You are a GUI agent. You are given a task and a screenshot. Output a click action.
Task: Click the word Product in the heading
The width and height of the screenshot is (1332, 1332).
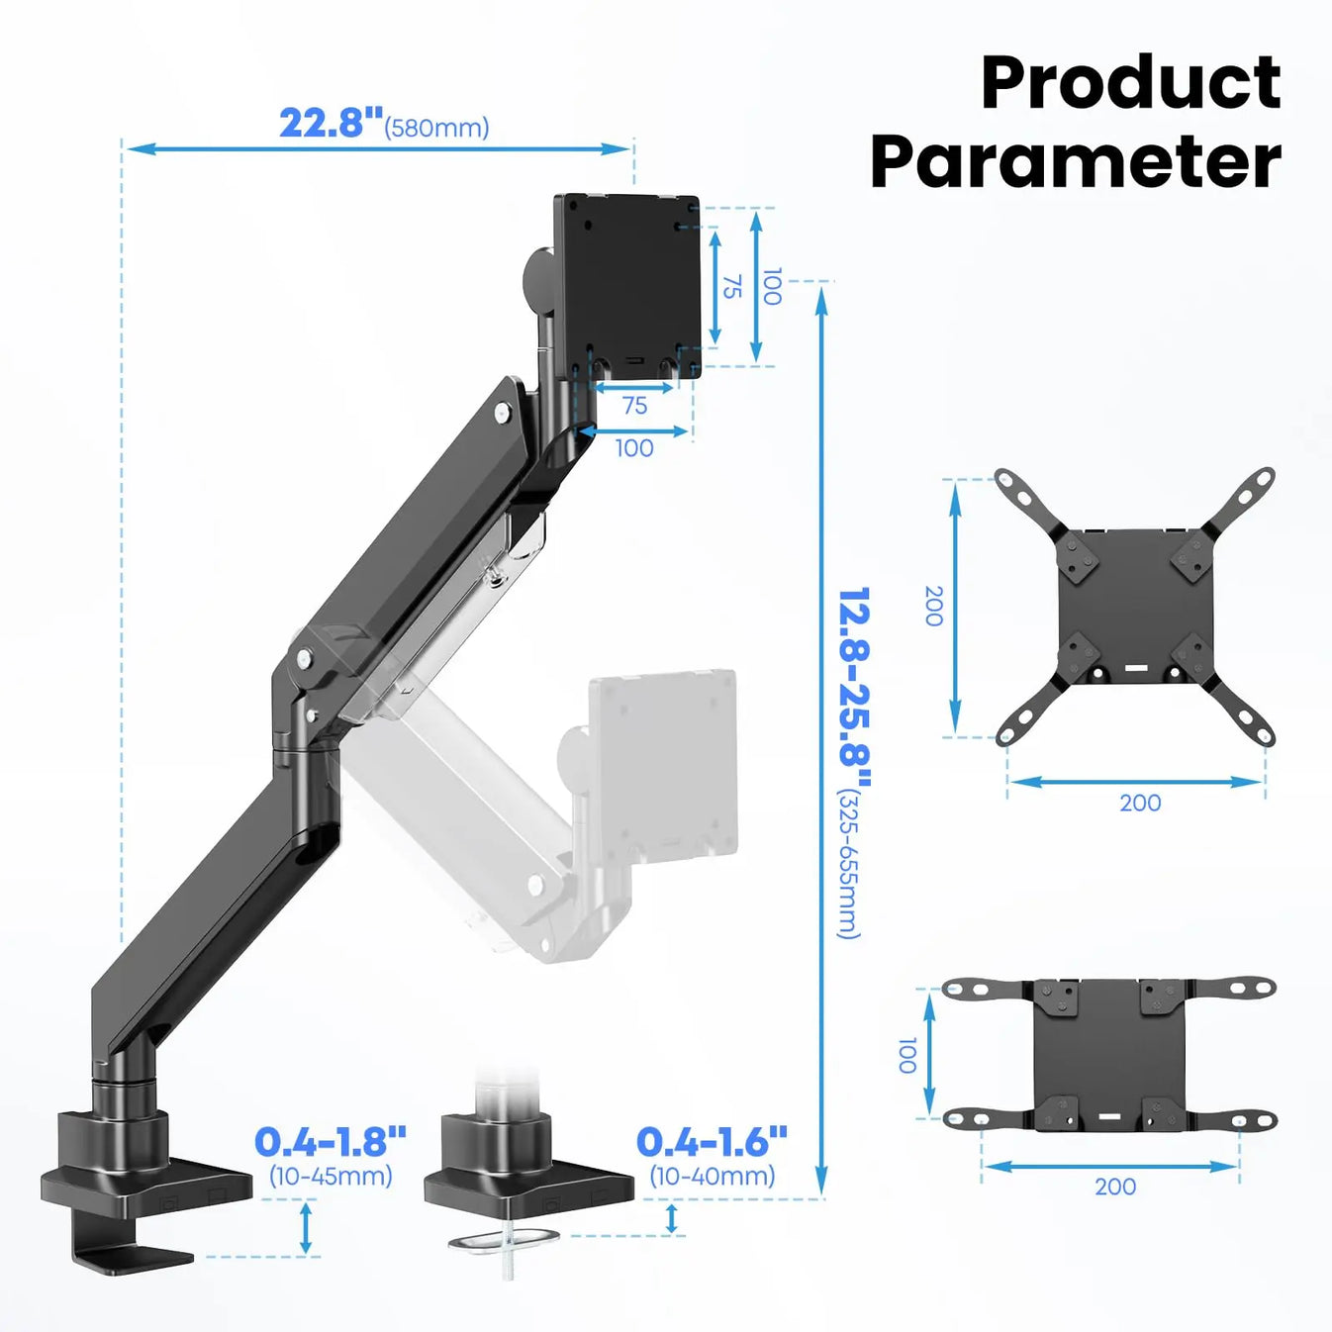coord(1130,83)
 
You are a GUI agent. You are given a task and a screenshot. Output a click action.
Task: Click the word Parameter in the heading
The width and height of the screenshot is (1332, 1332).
coord(1076,162)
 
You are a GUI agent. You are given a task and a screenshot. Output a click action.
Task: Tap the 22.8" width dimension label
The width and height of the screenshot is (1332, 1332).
coord(331,124)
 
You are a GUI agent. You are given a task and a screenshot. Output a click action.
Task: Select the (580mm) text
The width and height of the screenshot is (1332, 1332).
coord(436,129)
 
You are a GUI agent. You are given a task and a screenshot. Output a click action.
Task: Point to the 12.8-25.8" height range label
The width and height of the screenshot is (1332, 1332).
coord(853,678)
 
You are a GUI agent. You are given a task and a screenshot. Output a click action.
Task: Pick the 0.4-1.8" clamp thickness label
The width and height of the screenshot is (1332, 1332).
coord(331,1142)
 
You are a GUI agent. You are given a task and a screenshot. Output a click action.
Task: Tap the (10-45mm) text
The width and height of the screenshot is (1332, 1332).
coord(331,1176)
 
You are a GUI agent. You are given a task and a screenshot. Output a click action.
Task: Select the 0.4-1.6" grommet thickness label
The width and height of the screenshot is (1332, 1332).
coord(712,1142)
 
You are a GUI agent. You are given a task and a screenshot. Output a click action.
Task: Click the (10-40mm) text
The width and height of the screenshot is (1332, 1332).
coord(712,1176)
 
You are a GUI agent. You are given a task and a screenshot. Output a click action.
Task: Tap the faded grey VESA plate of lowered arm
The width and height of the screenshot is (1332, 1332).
coord(663,762)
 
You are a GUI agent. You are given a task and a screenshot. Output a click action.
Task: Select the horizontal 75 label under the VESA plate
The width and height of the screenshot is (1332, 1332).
coord(634,406)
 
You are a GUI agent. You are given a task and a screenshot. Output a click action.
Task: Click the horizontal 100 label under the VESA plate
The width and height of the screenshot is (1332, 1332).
coord(634,448)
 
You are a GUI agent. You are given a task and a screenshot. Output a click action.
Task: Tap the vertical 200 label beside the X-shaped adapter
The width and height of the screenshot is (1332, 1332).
coord(932,606)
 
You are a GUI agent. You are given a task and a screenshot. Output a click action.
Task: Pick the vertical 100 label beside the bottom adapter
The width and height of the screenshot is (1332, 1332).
coord(906,1055)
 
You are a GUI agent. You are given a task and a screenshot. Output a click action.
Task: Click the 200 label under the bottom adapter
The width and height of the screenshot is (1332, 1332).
coord(1115,1187)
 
